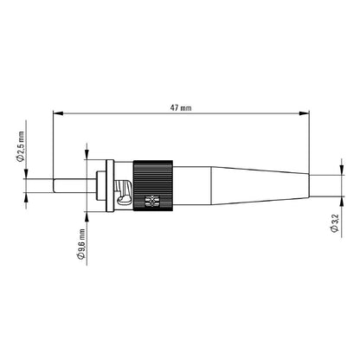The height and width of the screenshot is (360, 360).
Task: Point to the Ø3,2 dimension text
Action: (x=334, y=223)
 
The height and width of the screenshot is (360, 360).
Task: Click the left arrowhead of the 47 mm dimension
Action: (x=56, y=112)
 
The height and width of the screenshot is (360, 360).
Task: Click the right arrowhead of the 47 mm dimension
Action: (x=306, y=112)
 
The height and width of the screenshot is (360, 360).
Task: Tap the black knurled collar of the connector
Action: (x=157, y=184)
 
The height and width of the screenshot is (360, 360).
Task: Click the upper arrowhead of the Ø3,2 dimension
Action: (x=333, y=176)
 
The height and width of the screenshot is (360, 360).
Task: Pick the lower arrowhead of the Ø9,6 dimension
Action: (x=87, y=214)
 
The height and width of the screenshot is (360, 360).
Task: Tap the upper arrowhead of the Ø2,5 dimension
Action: (x=27, y=175)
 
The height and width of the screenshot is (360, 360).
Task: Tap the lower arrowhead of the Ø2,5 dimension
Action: (x=27, y=196)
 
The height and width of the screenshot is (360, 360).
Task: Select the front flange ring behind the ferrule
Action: (x=107, y=184)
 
